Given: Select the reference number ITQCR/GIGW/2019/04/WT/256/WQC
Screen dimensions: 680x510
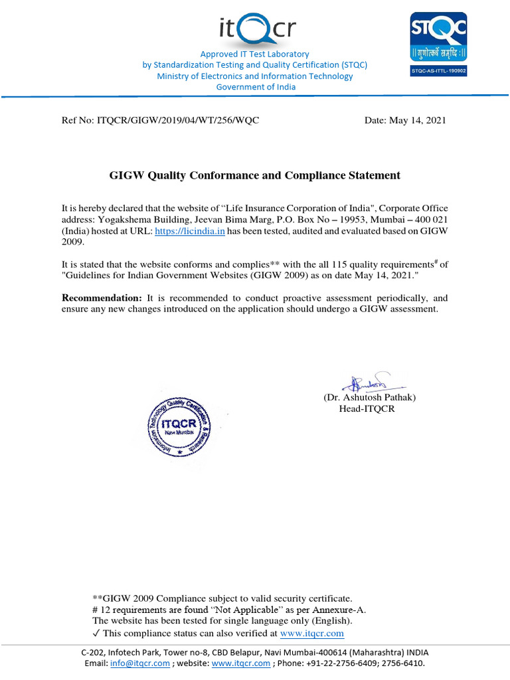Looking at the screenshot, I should (x=178, y=120).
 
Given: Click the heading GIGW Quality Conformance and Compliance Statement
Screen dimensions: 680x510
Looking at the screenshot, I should (x=254, y=175).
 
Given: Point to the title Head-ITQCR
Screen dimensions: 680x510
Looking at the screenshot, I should (x=367, y=408).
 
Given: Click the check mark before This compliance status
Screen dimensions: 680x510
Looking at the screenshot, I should (x=96, y=633).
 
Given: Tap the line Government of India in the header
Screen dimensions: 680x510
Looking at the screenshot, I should (x=256, y=87).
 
